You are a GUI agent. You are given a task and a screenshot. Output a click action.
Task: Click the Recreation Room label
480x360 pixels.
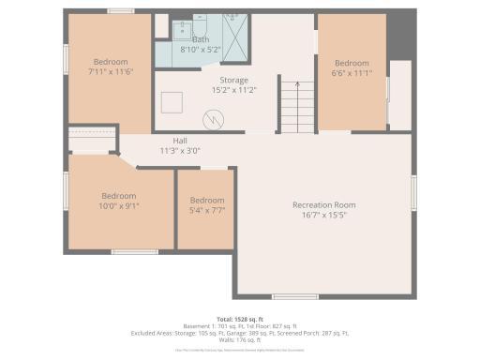(323, 204)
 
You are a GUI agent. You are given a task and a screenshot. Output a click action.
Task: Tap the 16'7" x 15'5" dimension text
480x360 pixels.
(323, 215)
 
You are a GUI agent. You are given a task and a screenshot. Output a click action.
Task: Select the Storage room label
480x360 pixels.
(233, 81)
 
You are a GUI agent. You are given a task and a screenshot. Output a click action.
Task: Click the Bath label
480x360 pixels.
(201, 39)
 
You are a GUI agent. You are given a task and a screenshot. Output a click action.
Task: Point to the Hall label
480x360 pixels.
(179, 141)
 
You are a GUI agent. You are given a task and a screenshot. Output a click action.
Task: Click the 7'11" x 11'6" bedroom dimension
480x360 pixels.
(109, 71)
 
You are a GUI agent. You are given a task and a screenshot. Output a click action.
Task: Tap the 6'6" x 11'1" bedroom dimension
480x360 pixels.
(352, 74)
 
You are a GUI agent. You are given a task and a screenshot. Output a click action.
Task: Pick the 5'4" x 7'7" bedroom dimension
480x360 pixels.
(206, 210)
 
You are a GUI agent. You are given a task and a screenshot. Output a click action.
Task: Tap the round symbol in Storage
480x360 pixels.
(216, 119)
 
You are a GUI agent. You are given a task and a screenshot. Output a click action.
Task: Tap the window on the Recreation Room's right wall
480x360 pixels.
(412, 191)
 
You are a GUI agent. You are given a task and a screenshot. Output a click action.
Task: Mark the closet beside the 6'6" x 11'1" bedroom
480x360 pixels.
(399, 95)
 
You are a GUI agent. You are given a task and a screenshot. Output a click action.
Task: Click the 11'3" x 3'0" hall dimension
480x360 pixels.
(179, 150)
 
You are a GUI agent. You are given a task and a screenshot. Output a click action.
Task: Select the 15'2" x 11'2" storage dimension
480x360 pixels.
(233, 91)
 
